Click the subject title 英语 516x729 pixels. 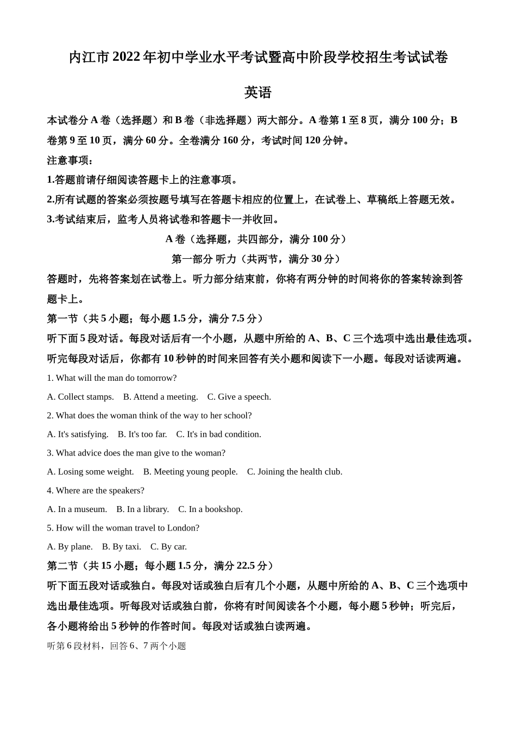pos(257,92)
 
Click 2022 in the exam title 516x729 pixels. pos(127,57)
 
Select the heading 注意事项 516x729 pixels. pos(70,160)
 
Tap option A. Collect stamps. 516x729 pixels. pos(80,397)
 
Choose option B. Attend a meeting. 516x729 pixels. pos(160,397)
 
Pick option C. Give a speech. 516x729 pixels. pos(239,397)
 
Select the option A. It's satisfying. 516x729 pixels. pos(78,434)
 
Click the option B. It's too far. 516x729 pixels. pos(142,434)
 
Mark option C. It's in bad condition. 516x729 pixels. pos(218,434)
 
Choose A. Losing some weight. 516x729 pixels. pos(90,471)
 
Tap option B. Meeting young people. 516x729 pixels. pos(190,471)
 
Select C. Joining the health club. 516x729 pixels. pos(294,471)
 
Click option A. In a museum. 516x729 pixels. pos(77,509)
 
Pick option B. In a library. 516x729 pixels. pos(142,509)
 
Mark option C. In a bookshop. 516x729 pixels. pos(210,509)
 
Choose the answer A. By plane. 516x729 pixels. pos(70,546)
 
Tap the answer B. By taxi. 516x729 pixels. pos(121,546)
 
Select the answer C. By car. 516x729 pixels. pos(168,546)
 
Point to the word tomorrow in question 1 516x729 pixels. pos(156,378)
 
